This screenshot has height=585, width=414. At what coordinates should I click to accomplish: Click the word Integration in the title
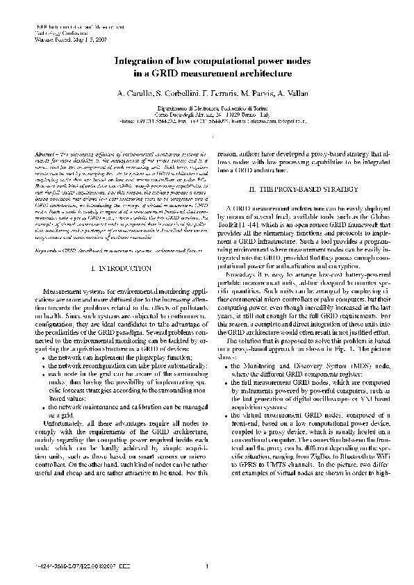[138, 61]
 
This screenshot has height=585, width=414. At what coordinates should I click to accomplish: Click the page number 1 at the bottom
[207, 569]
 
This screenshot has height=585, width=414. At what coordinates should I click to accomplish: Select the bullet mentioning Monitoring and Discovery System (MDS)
[301, 365]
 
